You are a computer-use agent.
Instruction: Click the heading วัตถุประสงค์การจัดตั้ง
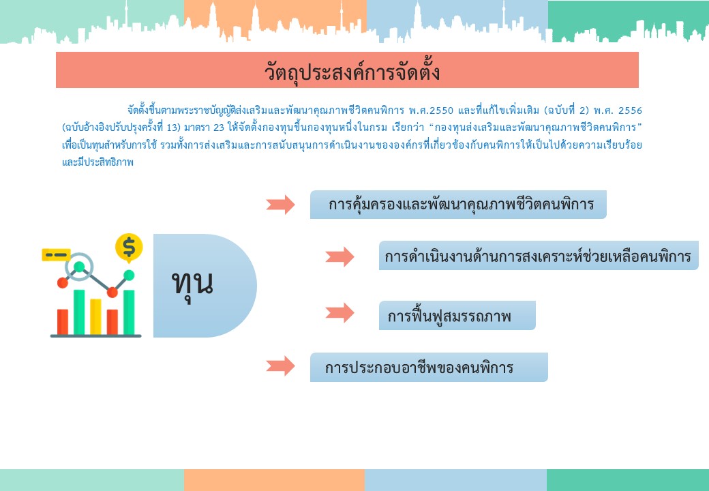(352, 72)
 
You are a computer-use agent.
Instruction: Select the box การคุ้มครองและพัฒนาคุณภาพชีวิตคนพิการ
(458, 205)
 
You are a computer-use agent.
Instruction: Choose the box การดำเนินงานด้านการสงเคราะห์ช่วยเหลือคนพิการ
(539, 256)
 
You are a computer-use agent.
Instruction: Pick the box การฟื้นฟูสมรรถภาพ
(457, 315)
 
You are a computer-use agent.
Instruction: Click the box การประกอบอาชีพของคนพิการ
(429, 367)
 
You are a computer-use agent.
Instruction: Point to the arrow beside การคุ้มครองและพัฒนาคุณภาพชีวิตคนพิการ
(280, 205)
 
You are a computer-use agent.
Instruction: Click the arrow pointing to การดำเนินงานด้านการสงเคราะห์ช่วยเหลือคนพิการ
(340, 256)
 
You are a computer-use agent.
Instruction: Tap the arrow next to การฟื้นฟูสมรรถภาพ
(340, 312)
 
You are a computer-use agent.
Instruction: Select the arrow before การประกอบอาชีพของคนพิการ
(280, 366)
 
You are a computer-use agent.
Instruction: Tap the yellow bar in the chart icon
(95, 316)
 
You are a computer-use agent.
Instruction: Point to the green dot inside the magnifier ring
(79, 267)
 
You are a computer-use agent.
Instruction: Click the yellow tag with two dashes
(56, 255)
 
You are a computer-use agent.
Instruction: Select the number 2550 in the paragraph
(440, 110)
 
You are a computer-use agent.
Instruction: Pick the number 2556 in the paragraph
(630, 110)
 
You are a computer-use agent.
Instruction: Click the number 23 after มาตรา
(219, 128)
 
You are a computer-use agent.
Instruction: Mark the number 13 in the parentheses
(172, 128)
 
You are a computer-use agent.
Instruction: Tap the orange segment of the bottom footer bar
(274, 480)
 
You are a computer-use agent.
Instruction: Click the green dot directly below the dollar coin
(129, 276)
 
